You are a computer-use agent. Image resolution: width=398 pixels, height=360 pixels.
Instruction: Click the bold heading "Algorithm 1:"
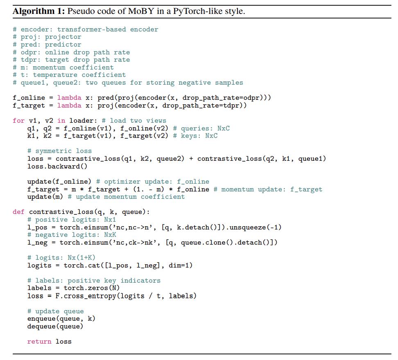pyautogui.click(x=39, y=11)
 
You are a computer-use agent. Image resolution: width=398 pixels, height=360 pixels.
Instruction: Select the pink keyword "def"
pyautogui.click(x=18, y=212)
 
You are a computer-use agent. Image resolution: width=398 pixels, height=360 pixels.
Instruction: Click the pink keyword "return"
pyautogui.click(x=39, y=342)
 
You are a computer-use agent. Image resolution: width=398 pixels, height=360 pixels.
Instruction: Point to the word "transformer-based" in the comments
pyautogui.click(x=91, y=29)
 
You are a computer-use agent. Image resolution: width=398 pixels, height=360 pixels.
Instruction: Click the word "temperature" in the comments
pyautogui.click(x=55, y=75)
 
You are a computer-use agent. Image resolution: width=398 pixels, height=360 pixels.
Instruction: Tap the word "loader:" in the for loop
pyautogui.click(x=83, y=121)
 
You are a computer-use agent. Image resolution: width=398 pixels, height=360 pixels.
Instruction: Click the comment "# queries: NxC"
pyautogui.click(x=201, y=128)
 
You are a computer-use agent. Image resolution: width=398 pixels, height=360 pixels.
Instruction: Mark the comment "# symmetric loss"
pyautogui.click(x=59, y=151)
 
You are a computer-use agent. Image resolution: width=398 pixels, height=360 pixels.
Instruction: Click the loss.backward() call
pyautogui.click(x=57, y=166)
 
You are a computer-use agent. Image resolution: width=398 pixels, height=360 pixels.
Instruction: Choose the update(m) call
pyautogui.click(x=45, y=197)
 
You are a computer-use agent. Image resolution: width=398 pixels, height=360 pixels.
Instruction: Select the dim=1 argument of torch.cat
pyautogui.click(x=181, y=265)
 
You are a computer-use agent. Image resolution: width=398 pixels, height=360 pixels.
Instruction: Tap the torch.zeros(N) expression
pyautogui.click(x=91, y=288)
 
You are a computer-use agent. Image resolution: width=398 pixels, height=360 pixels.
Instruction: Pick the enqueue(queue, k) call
pyautogui.click(x=61, y=319)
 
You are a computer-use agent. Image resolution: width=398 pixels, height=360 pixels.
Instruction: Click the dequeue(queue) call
pyautogui.click(x=55, y=326)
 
